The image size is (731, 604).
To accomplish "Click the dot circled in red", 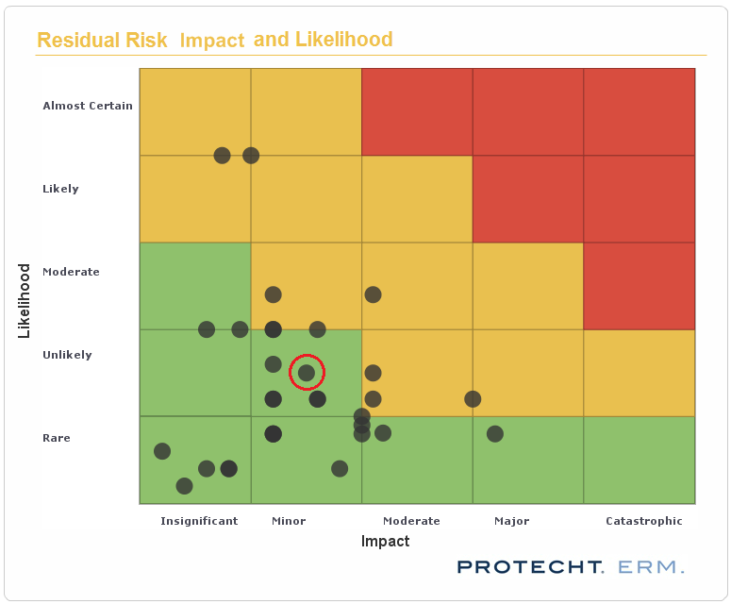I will click(x=307, y=373).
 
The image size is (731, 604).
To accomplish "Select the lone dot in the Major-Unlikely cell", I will click(x=473, y=399).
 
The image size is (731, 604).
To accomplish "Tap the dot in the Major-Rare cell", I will click(x=494, y=434).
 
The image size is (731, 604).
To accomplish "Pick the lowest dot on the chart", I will click(x=184, y=486).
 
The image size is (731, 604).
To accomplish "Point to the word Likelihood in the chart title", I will click(x=343, y=40).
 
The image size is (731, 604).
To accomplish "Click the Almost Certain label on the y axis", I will click(x=88, y=106).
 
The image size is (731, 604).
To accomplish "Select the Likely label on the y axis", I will click(x=60, y=189).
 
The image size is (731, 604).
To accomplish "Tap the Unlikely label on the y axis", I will click(x=67, y=355).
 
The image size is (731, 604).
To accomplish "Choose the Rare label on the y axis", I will click(x=57, y=438).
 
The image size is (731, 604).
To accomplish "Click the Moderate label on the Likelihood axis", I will click(x=71, y=272).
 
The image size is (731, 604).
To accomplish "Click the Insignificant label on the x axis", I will click(x=199, y=521).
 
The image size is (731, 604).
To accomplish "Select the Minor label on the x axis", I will click(x=289, y=521).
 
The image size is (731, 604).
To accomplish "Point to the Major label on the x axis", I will click(x=511, y=521).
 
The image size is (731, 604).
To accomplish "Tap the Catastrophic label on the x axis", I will click(x=643, y=521).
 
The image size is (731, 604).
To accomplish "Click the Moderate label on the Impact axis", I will click(x=411, y=521).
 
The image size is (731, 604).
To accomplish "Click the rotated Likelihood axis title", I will click(x=25, y=300).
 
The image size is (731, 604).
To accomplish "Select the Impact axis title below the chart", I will click(x=385, y=542).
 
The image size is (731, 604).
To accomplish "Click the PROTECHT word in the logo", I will click(x=530, y=567).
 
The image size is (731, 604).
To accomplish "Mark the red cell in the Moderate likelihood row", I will click(x=639, y=286).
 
